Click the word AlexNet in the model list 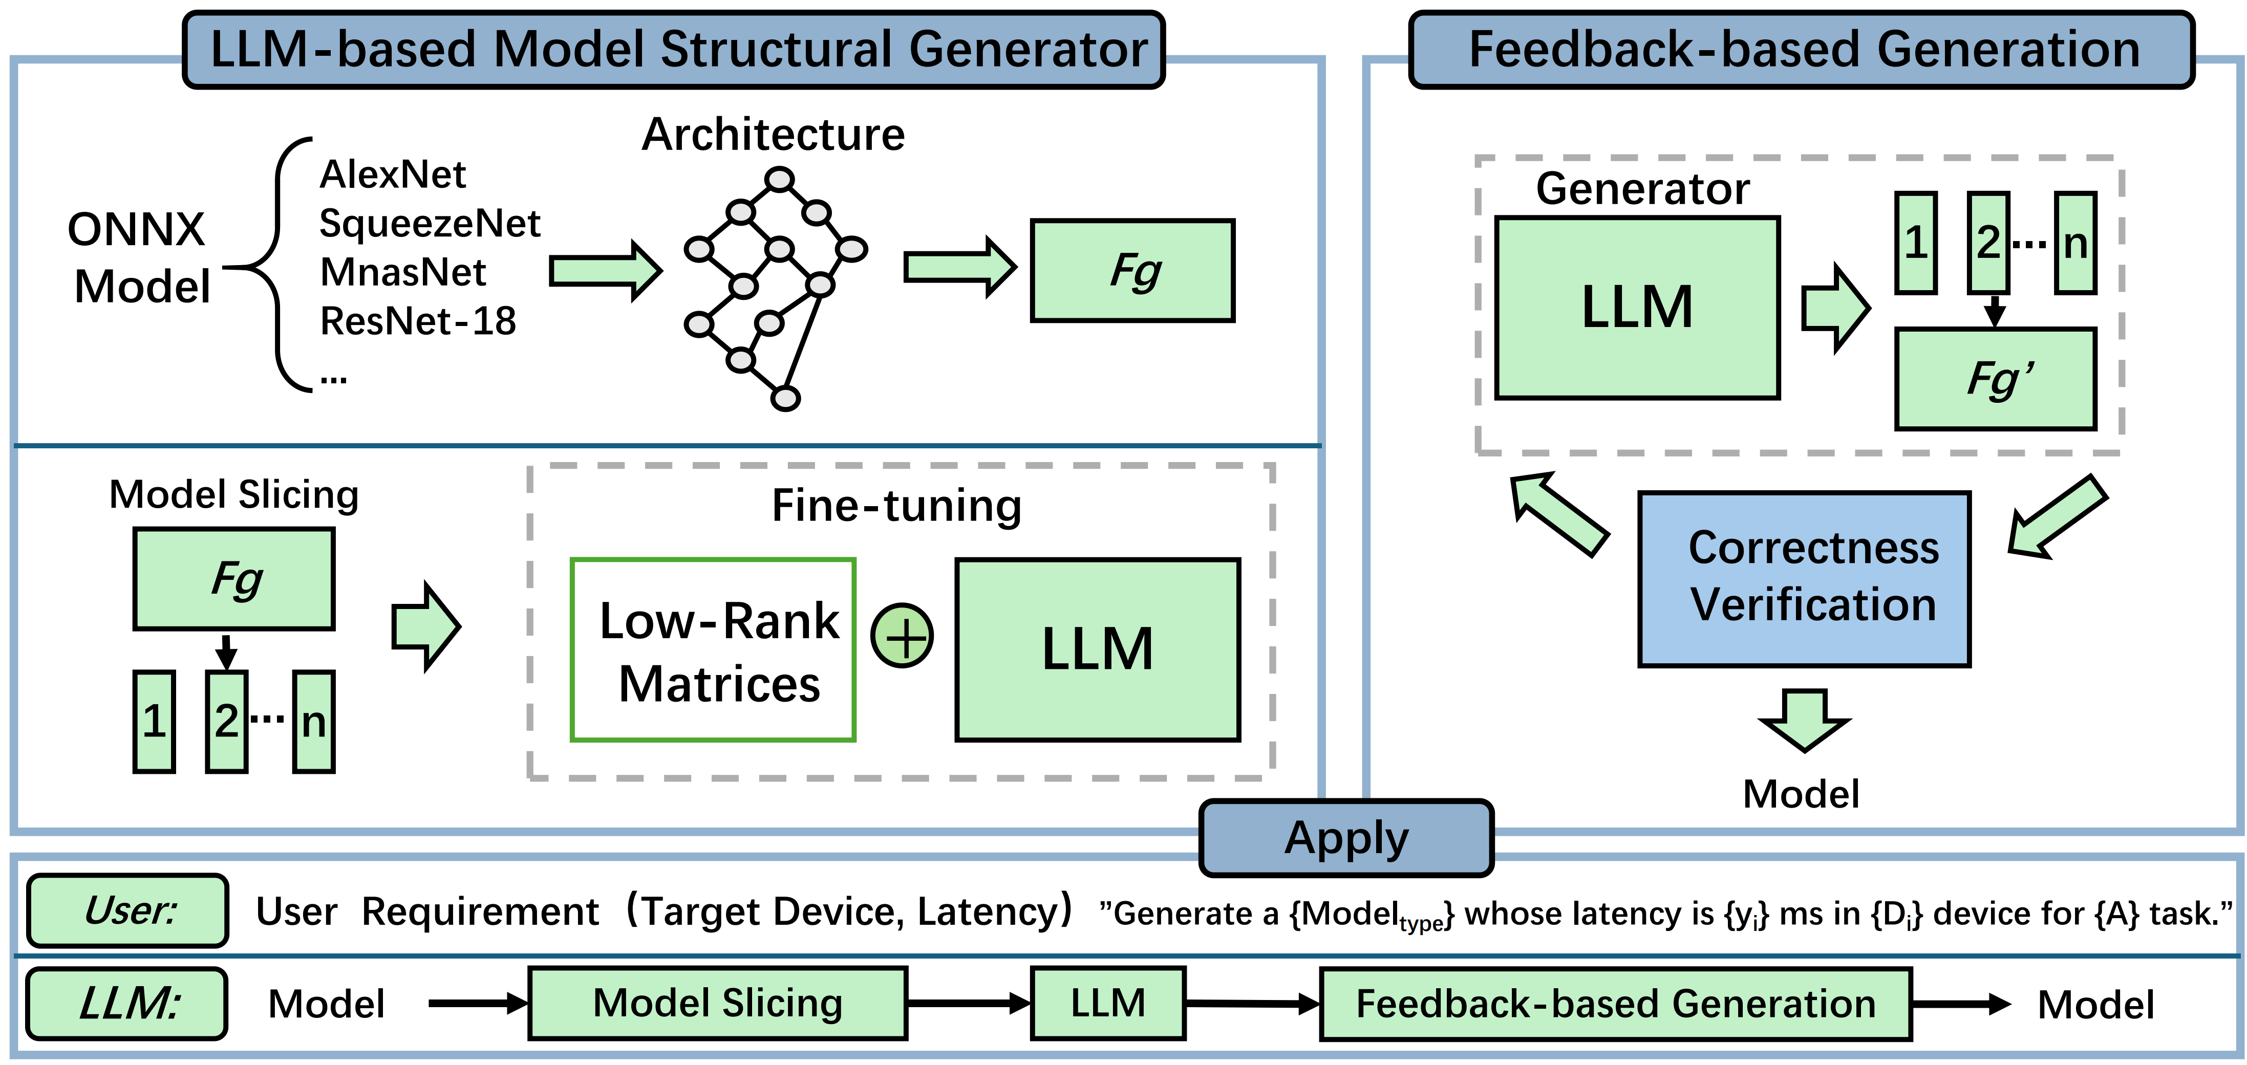[x=393, y=175]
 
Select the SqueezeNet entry [x=429, y=223]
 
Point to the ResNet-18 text [x=418, y=321]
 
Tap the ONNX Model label [x=140, y=258]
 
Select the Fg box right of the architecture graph [x=1132, y=270]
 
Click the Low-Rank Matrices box [x=713, y=650]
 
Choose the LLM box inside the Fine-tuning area [x=1097, y=650]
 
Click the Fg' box [x=1995, y=379]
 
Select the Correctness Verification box [x=1804, y=578]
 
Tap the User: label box [x=128, y=910]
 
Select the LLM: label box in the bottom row [x=127, y=1003]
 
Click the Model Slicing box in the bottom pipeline [x=717, y=1003]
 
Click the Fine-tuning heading [x=897, y=506]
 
